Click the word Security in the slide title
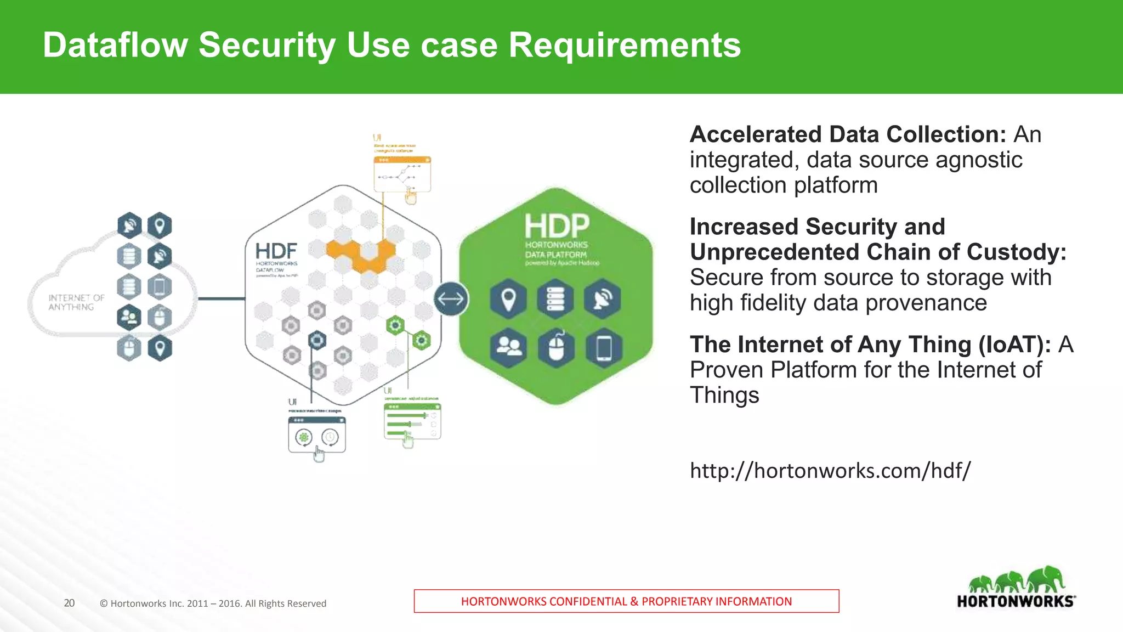266,45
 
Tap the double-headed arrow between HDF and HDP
451,299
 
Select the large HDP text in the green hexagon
557,226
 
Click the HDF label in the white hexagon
276,252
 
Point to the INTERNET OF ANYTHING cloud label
76,302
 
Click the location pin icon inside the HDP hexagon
508,300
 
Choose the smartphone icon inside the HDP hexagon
604,348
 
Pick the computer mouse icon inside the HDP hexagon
556,348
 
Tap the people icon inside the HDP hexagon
508,348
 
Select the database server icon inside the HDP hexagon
555,300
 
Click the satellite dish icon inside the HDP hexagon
603,300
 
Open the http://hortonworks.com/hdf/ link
830,471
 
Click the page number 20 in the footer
69,603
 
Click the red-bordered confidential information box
626,601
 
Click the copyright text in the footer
213,603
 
